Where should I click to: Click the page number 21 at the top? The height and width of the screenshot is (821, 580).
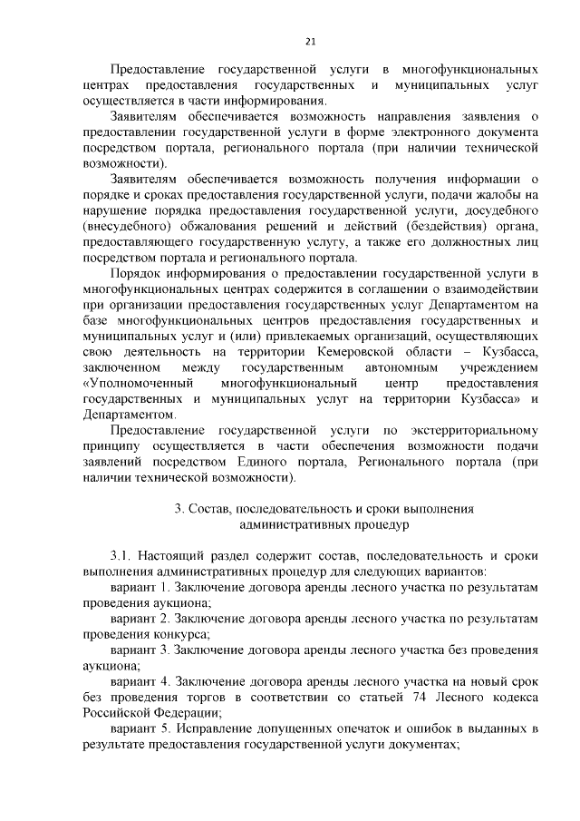309,41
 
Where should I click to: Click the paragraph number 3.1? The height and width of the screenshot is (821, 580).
121,556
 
